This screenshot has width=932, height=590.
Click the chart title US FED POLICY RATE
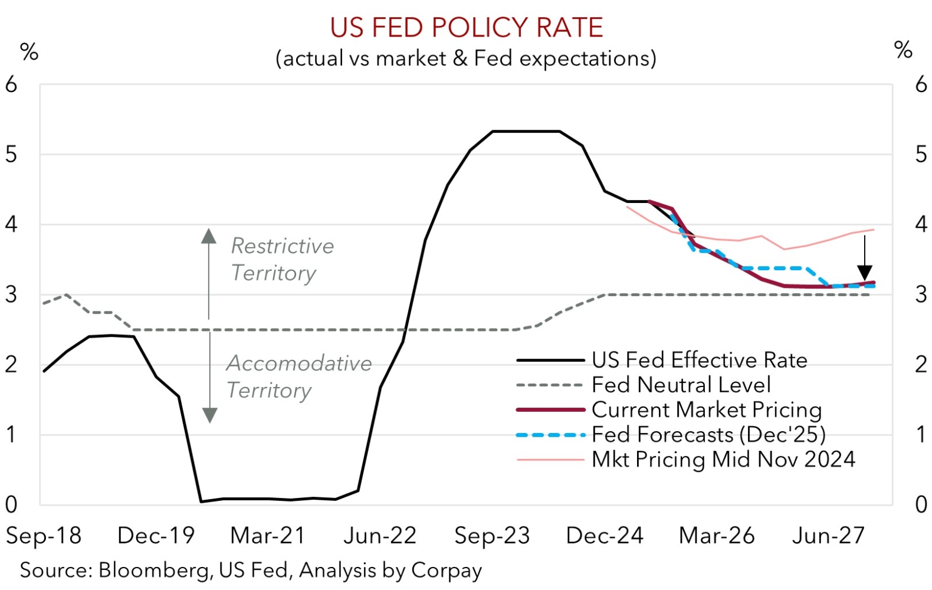(466, 28)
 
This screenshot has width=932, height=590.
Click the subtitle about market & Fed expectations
(466, 58)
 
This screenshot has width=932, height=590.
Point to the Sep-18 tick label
(44, 536)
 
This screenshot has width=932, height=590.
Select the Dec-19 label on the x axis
(156, 536)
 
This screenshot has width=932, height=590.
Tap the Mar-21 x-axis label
(268, 536)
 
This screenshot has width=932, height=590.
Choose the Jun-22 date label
(380, 536)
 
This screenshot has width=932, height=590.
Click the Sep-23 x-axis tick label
(492, 536)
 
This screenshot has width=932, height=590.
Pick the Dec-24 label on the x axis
(605, 536)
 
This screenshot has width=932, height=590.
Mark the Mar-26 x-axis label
(717, 536)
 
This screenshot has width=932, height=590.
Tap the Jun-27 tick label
(828, 536)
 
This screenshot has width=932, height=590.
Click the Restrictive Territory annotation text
(282, 260)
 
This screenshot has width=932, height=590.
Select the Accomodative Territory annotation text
(298, 376)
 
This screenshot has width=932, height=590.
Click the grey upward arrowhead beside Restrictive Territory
(208, 236)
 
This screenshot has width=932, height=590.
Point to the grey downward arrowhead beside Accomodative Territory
(209, 415)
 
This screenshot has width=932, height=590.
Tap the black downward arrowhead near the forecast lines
(865, 273)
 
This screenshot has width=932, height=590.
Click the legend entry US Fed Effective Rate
(699, 360)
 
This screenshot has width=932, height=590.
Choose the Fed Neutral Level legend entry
(681, 385)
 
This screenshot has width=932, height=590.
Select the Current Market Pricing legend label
(706, 409)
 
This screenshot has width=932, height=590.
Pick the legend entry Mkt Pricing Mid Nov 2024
(723, 459)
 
